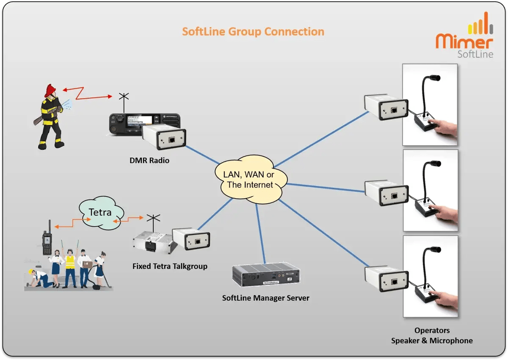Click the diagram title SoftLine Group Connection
pos(253,32)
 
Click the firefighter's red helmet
pos(50,89)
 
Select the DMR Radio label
pos(149,161)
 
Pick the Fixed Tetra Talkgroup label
pos(170,266)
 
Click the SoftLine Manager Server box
pos(267,275)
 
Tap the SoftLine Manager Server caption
pos(265,298)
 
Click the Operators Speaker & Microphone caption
pos(431,335)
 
